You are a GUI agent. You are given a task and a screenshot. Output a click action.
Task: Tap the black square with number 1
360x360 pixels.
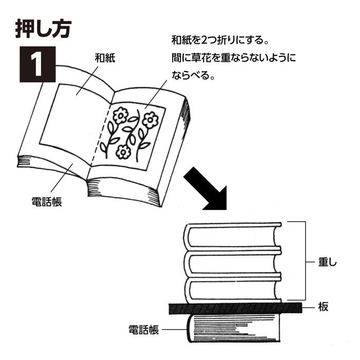tap(37, 64)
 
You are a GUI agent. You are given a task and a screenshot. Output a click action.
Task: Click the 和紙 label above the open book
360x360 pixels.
tap(104, 58)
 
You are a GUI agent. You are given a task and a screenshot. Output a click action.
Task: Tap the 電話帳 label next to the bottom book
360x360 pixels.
tap(143, 329)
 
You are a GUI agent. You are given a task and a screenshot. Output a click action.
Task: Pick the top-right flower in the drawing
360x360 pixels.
tap(150, 120)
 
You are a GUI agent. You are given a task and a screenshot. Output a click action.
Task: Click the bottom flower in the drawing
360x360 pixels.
tap(123, 151)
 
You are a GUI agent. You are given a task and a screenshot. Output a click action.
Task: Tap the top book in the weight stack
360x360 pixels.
tap(233, 236)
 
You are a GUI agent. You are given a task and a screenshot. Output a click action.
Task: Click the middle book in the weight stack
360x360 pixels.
tap(233, 264)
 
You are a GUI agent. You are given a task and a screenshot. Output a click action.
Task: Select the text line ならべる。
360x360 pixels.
tap(192, 75)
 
